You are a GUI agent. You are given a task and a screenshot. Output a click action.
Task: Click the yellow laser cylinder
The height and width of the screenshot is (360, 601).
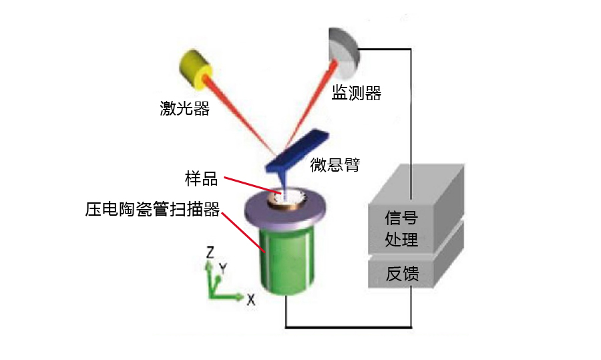pos(195,70)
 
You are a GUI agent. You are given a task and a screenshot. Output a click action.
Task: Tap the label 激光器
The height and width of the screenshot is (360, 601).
pos(184,108)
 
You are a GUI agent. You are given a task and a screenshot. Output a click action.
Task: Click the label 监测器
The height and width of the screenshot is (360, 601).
pos(357,94)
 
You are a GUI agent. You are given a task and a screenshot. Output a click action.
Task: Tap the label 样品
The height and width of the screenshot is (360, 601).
pos(202,179)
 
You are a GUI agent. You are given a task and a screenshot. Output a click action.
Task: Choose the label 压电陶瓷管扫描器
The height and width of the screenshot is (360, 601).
pos(152,210)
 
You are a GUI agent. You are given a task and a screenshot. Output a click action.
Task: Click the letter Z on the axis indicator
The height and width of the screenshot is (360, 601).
pos(209,252)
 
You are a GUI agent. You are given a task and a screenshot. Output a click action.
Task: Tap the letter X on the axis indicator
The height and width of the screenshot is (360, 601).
pos(250,300)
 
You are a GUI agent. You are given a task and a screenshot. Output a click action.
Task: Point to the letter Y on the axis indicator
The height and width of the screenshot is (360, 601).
pos(224,268)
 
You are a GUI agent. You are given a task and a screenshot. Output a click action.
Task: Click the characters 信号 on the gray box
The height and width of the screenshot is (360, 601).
pos(401,218)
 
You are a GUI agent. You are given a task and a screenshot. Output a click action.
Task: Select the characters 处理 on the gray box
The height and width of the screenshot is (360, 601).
pos(401,239)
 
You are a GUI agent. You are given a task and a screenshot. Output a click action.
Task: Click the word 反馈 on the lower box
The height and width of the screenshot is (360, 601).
pos(401,274)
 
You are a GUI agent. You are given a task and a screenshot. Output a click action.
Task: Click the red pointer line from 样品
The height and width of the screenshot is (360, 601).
pos(250,186)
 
